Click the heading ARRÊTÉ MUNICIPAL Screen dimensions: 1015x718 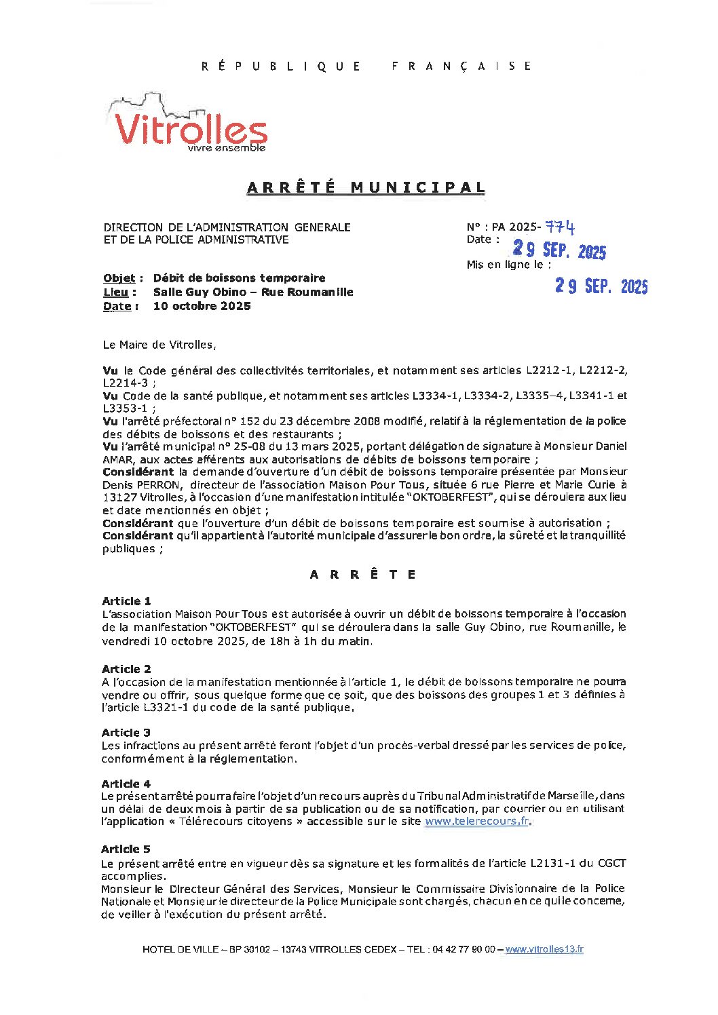(x=366, y=187)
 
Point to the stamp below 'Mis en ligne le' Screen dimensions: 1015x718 (x=601, y=286)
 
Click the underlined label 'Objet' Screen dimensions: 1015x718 (x=119, y=278)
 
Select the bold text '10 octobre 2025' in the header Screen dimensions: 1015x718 (x=202, y=306)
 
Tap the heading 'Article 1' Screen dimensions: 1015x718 (x=126, y=601)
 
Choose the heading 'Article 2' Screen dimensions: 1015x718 (x=126, y=669)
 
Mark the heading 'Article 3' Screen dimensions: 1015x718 (x=126, y=733)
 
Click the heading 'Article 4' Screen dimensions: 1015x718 (x=126, y=784)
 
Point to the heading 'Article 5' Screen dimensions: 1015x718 (x=126, y=849)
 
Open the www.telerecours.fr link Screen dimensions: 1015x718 (x=476, y=822)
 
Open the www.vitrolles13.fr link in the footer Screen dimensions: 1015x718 (x=544, y=949)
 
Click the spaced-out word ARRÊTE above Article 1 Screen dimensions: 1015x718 (x=362, y=575)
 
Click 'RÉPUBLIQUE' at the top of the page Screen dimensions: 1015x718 (x=281, y=66)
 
